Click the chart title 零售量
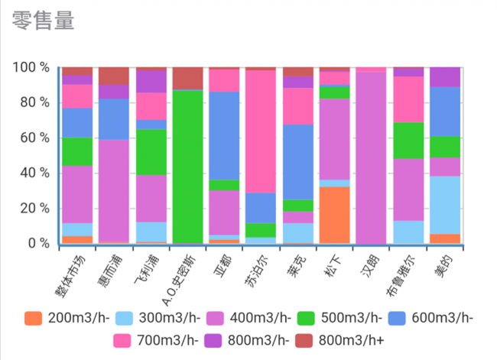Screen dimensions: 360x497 [x=44, y=21]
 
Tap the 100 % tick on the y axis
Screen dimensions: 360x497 [x=31, y=67]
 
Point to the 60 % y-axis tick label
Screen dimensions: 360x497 [x=34, y=138]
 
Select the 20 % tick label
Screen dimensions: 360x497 [x=34, y=208]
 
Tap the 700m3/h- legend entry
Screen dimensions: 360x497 [x=153, y=337]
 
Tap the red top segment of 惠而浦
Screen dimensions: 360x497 [x=114, y=76]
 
